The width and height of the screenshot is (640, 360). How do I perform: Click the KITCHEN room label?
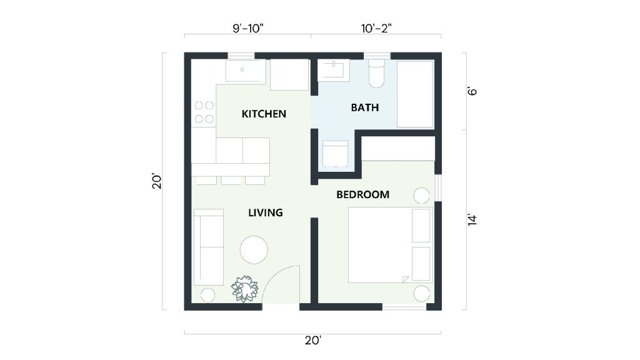click(x=264, y=114)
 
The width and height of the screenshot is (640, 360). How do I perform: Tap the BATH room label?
click(x=364, y=107)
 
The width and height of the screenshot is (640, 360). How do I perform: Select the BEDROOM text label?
click(x=362, y=194)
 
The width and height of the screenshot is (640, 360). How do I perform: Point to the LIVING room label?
click(x=266, y=212)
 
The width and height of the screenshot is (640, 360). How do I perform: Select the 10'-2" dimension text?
click(x=376, y=27)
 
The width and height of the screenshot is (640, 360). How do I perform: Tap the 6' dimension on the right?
click(x=472, y=91)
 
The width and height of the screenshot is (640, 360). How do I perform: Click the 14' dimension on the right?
click(x=472, y=219)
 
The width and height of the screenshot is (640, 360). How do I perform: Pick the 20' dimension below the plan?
click(x=312, y=341)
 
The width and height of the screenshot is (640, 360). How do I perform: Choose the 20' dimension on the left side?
click(x=157, y=181)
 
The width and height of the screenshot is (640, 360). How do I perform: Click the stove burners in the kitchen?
click(x=204, y=112)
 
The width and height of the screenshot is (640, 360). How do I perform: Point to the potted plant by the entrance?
click(x=244, y=289)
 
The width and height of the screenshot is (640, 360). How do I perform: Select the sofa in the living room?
click(x=208, y=247)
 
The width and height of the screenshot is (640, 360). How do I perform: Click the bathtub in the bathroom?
click(x=416, y=94)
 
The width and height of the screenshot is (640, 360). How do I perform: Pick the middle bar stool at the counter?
click(x=231, y=181)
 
